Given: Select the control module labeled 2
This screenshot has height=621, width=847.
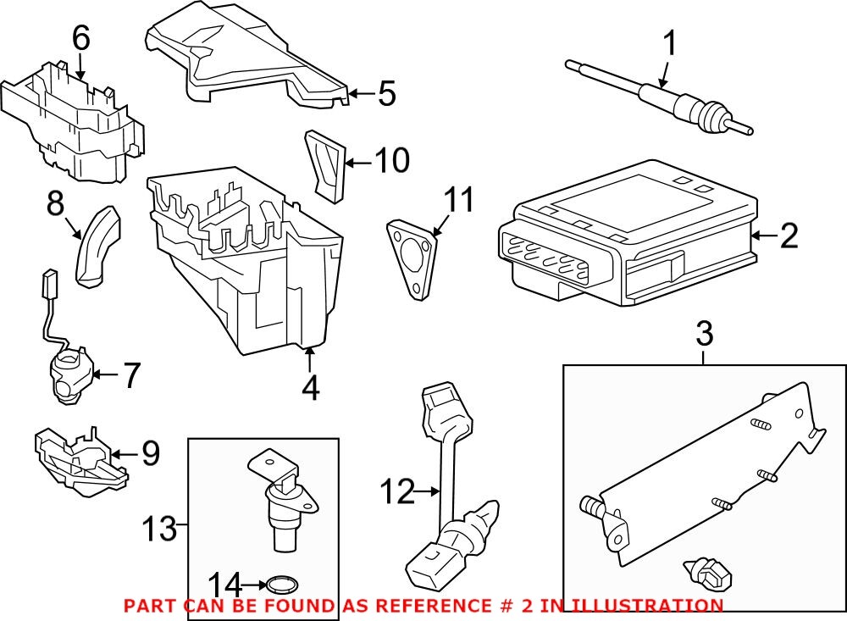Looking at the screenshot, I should (x=627, y=233).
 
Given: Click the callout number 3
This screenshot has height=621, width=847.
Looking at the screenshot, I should (x=704, y=335).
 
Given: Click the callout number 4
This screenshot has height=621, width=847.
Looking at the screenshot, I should (x=310, y=387).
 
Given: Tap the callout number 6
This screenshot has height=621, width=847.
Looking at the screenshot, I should (x=80, y=38).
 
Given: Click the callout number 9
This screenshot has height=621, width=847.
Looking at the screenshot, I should (x=150, y=454).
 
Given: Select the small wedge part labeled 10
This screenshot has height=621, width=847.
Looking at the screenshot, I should (x=325, y=165).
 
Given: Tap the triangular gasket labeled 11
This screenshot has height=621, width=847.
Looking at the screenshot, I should (x=413, y=259).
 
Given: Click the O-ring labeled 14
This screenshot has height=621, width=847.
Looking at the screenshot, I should (x=280, y=584).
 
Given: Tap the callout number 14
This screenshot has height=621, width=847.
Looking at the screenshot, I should (x=224, y=584).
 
